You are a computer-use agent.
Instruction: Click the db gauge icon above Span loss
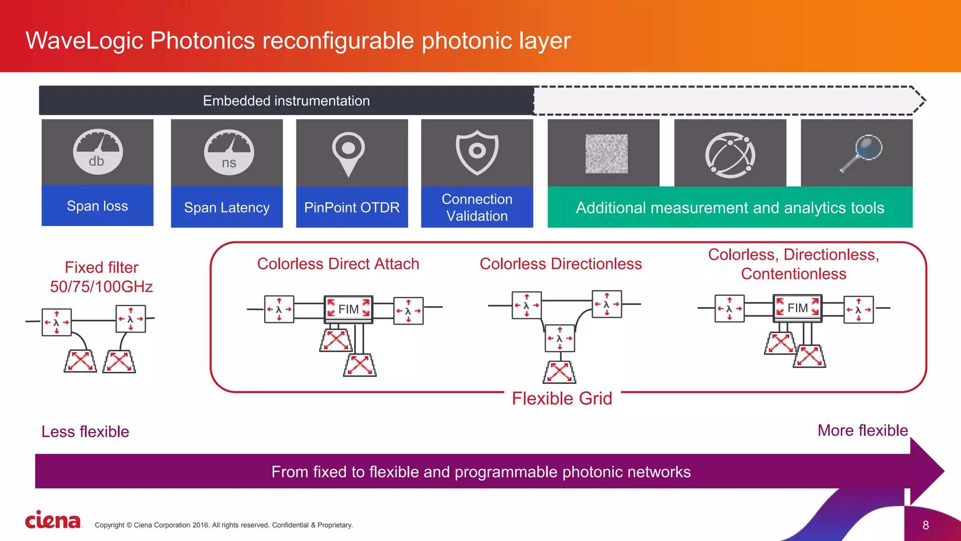point(98,152)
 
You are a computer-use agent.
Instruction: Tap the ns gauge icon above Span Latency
point(229,153)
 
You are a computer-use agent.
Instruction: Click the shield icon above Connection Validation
point(477,152)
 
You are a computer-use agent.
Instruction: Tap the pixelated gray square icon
point(606,154)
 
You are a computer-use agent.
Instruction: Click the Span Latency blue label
point(227,207)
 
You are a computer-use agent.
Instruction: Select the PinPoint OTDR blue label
point(352,207)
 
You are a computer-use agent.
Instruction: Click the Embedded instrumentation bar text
point(286,100)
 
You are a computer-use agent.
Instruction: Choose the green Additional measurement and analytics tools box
point(730,208)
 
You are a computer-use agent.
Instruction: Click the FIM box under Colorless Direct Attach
point(348,309)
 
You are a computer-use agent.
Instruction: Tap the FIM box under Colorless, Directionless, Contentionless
point(797,308)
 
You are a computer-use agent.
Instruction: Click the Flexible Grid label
point(562,398)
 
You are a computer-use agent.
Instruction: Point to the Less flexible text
point(85,431)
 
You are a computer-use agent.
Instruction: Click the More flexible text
point(862,430)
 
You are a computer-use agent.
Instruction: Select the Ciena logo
point(53,520)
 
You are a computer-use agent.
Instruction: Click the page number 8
point(925,525)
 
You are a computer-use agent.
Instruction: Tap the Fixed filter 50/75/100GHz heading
point(101,277)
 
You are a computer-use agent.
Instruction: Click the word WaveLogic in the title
point(84,40)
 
